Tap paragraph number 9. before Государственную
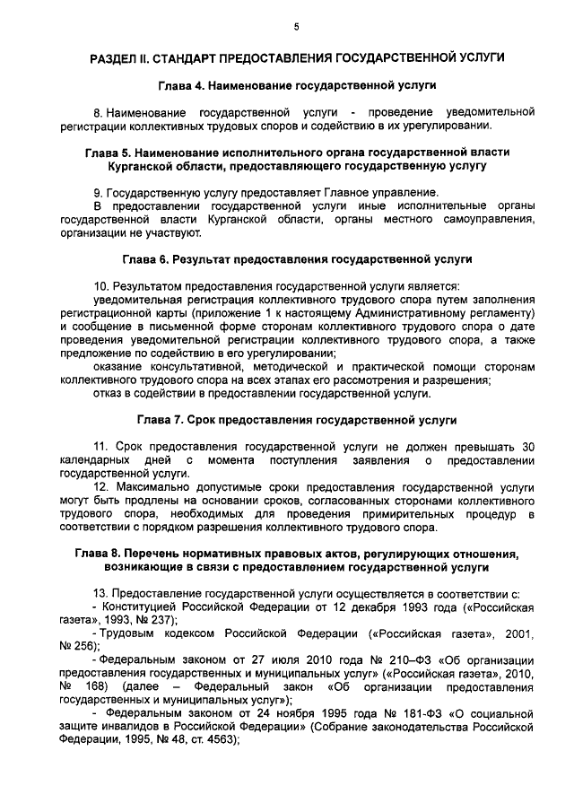(x=98, y=192)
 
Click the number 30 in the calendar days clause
(x=528, y=446)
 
